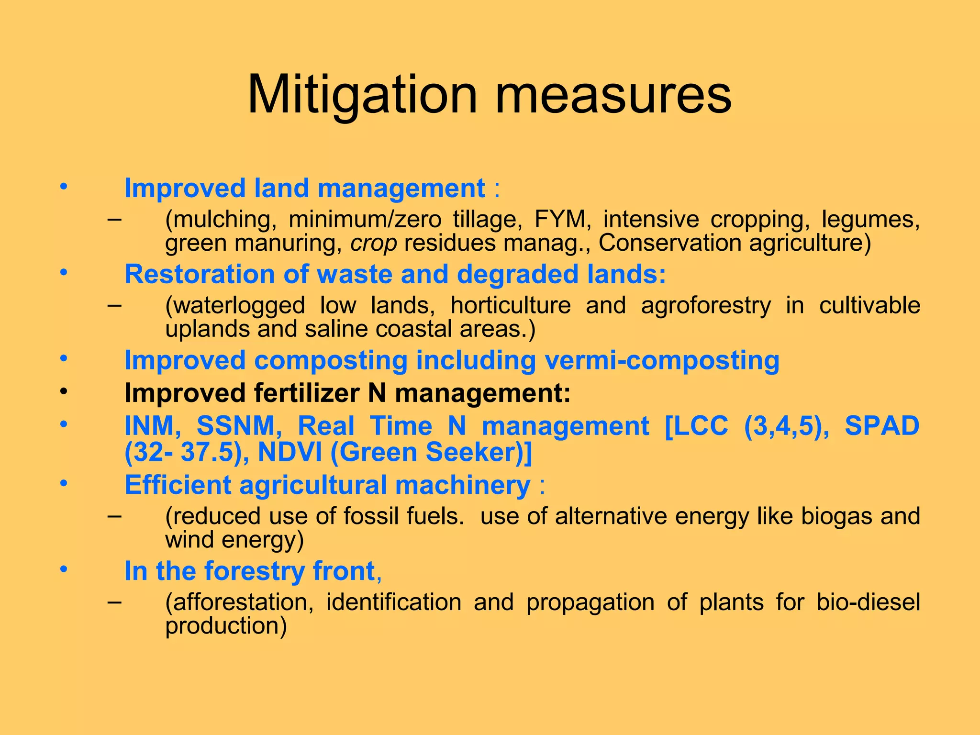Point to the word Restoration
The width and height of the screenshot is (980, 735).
pos(200,274)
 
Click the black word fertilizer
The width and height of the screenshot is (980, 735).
pos(306,393)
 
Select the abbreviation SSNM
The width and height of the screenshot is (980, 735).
pos(235,425)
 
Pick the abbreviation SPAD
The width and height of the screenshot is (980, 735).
pos(881,425)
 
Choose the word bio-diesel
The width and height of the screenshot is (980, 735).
pos(868,602)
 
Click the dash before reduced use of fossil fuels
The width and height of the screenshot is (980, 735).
pos(114,516)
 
